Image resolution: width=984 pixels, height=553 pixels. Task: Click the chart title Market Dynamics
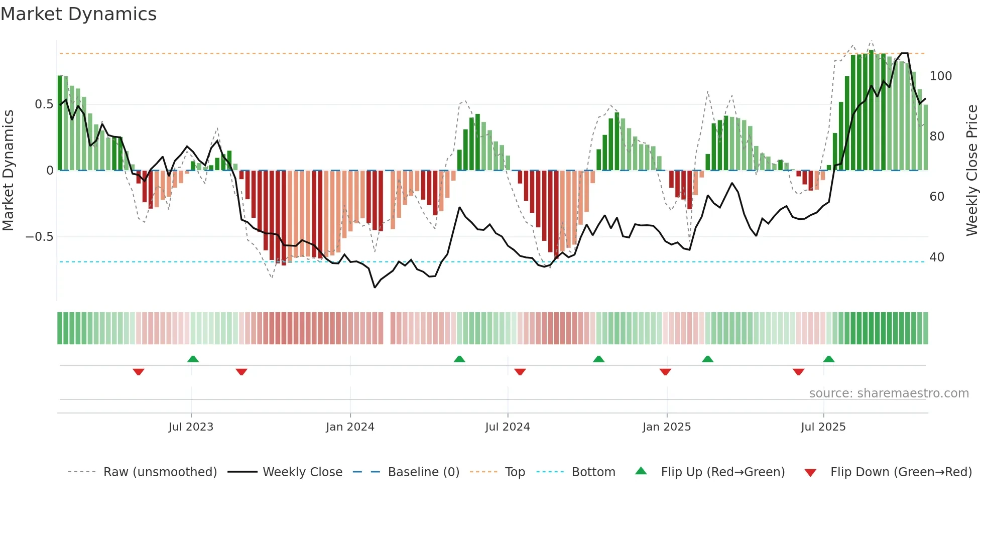pos(78,14)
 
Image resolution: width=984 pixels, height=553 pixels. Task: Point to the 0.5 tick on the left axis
pos(44,104)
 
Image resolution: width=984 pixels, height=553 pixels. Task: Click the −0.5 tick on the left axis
pos(40,236)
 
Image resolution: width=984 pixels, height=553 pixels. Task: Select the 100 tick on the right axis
pos(940,76)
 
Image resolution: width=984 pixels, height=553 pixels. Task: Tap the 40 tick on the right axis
pos(937,257)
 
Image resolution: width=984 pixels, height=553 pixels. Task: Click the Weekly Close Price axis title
pos(972,171)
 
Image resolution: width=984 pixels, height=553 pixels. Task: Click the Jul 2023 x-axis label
pos(191,427)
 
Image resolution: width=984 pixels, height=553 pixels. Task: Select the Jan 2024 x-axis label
pos(350,427)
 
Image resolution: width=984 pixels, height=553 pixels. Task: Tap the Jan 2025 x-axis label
pos(666,427)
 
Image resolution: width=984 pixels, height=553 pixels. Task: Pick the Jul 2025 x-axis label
pos(823,427)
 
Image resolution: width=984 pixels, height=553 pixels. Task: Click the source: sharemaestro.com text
pos(889,393)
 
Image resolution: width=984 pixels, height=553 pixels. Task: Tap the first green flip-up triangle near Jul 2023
pos(193,359)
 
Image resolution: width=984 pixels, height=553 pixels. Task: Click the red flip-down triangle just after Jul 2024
pos(520,372)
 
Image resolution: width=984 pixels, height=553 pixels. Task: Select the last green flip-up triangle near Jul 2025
pos(829,359)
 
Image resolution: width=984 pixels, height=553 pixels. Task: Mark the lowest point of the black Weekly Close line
pos(375,287)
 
